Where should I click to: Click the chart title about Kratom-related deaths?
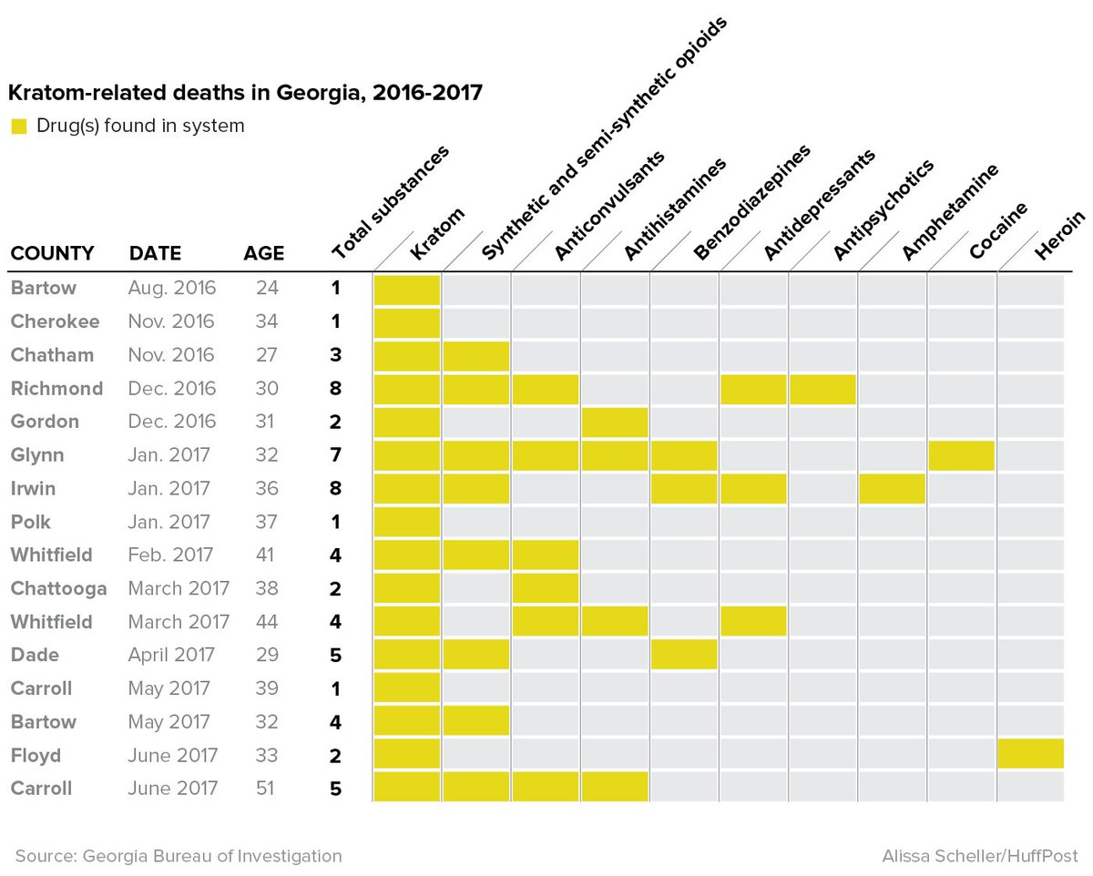pyautogui.click(x=245, y=93)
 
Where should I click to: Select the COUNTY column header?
pyautogui.click(x=52, y=253)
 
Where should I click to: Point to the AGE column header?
pyautogui.click(x=263, y=253)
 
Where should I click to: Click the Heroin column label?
pyautogui.click(x=1059, y=236)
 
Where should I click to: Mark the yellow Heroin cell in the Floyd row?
pyautogui.click(x=1031, y=754)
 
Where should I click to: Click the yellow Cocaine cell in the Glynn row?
pyautogui.click(x=961, y=455)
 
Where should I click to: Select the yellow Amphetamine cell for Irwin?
pyautogui.click(x=892, y=488)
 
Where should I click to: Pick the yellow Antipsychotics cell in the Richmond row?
pyautogui.click(x=822, y=389)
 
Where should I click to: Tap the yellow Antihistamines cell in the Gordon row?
pyautogui.click(x=615, y=422)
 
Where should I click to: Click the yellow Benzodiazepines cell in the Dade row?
pyautogui.click(x=684, y=655)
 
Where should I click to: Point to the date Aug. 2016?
pyautogui.click(x=172, y=289)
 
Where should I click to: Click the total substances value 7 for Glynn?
pyautogui.click(x=335, y=455)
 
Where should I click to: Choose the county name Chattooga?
pyautogui.click(x=58, y=588)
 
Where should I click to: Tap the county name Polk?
pyautogui.click(x=31, y=522)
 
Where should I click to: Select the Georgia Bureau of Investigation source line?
pyautogui.click(x=179, y=856)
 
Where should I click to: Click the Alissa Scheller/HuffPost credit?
pyautogui.click(x=980, y=856)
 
